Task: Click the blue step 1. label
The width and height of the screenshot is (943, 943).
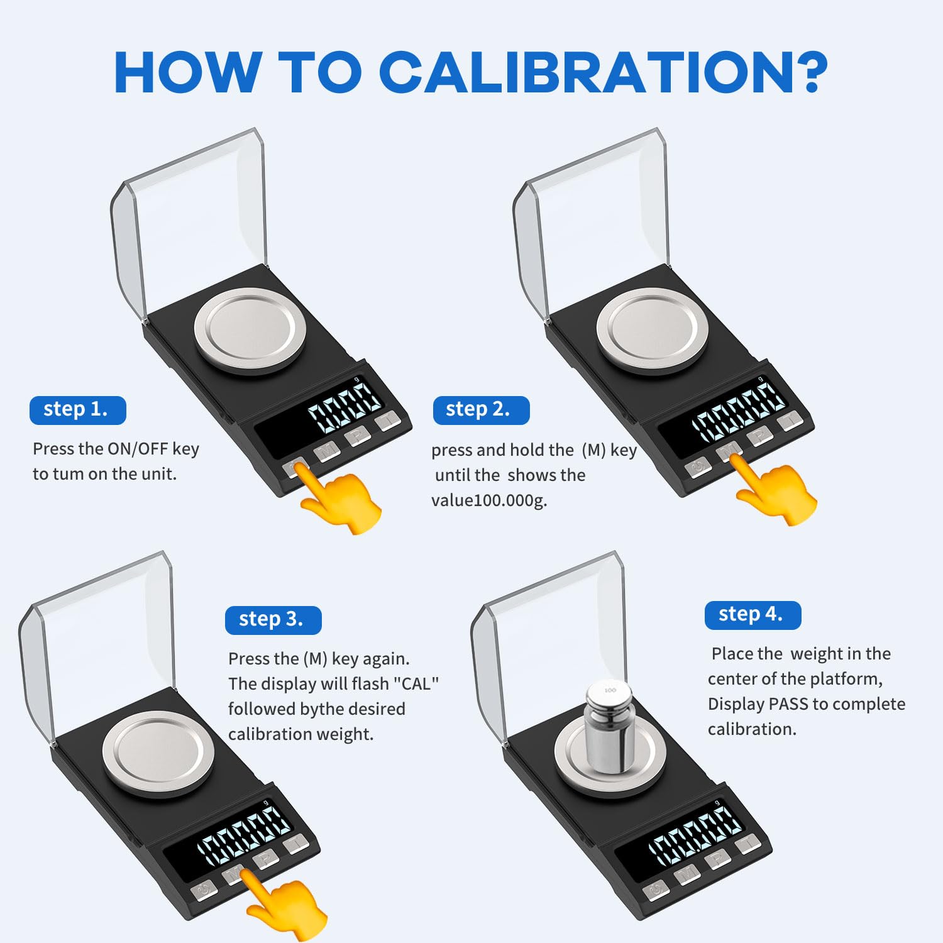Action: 77,410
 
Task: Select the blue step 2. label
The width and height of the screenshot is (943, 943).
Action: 480,410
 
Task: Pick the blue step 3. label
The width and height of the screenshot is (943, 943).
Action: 273,620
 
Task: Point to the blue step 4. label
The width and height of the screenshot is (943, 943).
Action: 752,615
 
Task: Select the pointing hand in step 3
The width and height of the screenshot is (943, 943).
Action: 286,905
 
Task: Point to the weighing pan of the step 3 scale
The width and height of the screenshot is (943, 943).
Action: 158,753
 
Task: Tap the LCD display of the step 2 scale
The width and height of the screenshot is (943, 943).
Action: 739,412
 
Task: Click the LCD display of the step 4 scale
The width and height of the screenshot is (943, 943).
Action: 695,833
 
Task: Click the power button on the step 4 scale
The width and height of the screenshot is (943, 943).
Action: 656,890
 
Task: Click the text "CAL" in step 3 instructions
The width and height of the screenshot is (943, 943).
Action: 416,684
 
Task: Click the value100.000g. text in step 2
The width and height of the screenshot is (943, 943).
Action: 489,500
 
